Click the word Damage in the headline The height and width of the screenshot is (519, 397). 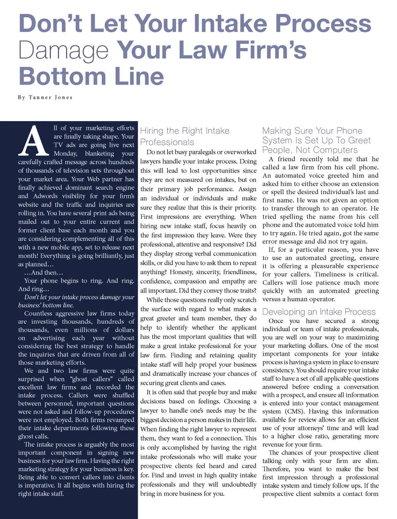(x=63, y=50)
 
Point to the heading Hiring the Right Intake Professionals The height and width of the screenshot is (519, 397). (x=184, y=136)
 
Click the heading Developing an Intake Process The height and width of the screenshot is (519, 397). (x=319, y=312)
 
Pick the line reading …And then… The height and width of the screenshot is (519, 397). (x=43, y=273)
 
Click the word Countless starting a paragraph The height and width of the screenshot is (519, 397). (x=38, y=313)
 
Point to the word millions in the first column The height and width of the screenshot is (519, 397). (x=86, y=330)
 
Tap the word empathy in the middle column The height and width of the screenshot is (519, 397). (x=233, y=281)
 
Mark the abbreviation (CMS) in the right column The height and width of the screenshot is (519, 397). (x=294, y=411)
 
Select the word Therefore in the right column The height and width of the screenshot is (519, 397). (x=276, y=469)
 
